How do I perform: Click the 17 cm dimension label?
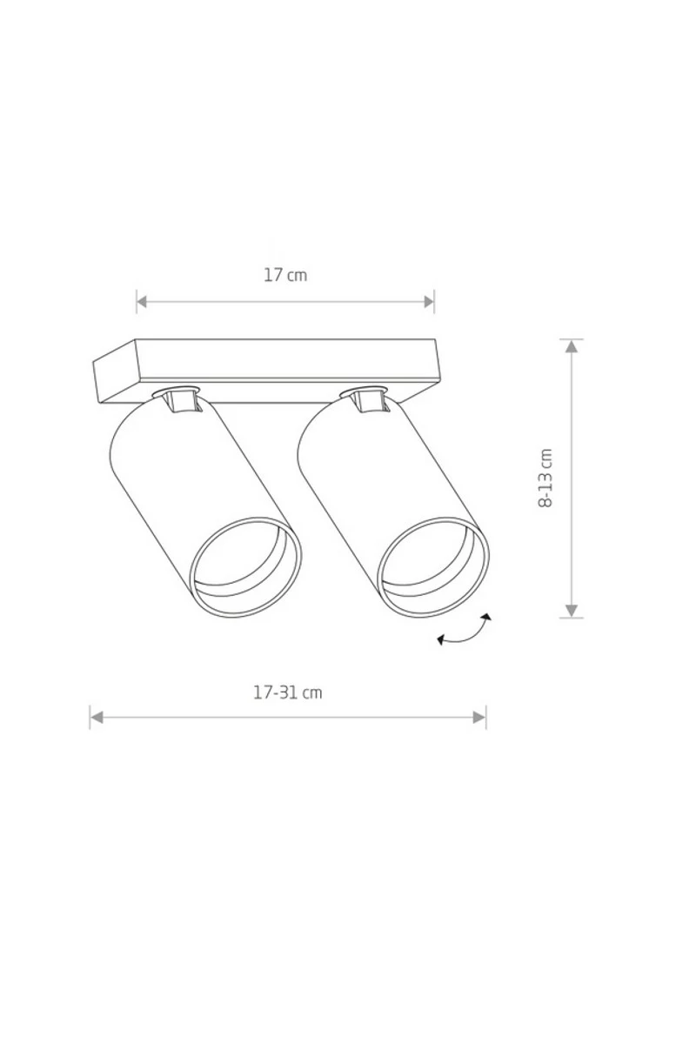tap(285, 275)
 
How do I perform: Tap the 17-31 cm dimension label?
tap(288, 693)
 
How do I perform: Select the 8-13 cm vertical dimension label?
tap(545, 478)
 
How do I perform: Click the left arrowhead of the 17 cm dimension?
tap(142, 302)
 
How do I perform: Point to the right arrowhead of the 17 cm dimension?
tap(429, 302)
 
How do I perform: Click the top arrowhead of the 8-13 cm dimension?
tap(571, 346)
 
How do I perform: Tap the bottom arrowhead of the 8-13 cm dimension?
tap(571, 611)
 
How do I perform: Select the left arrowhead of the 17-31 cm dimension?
tap(96, 717)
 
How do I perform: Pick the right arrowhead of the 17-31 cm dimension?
tap(479, 717)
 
